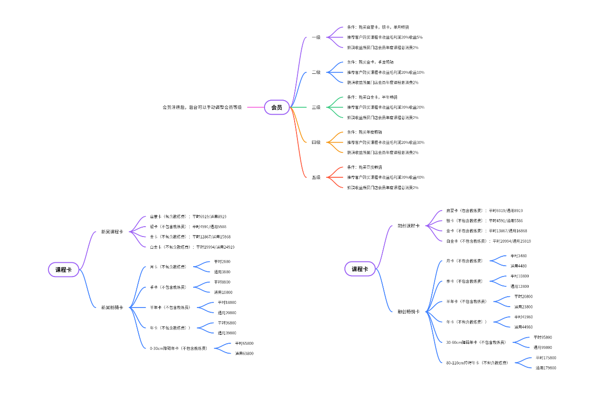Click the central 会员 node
click(277, 107)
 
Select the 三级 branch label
click(316, 107)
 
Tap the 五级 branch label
click(316, 177)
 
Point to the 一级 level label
click(316, 37)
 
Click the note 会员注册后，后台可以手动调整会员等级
click(202, 107)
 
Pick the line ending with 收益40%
click(385, 177)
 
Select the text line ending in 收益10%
click(385, 72)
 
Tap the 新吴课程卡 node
click(112, 232)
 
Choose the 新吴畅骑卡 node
click(112, 308)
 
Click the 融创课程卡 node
click(408, 226)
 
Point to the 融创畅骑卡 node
click(408, 311)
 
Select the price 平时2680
click(222, 261)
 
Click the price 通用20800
click(226, 313)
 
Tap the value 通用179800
click(546, 368)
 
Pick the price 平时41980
click(523, 317)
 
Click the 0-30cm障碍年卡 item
click(178, 348)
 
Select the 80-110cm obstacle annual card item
click(476, 363)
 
